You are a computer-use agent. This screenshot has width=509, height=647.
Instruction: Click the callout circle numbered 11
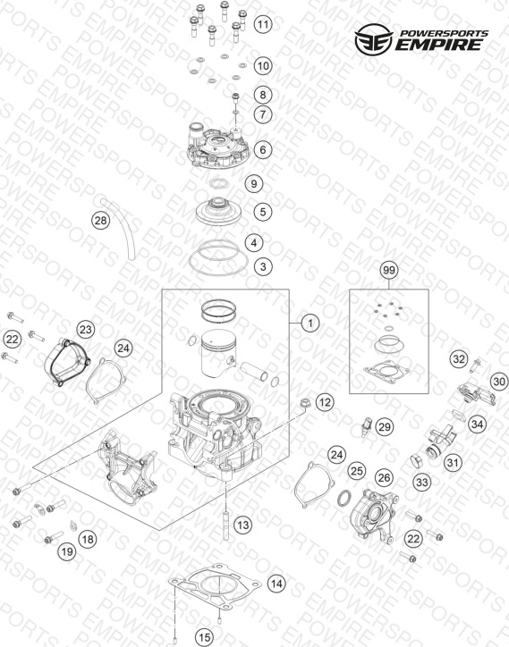[263, 24]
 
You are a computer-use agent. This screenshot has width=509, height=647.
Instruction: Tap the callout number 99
[389, 270]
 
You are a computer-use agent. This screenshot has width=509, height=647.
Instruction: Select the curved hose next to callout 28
[118, 228]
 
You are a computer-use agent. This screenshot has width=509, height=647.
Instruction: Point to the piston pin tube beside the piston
[254, 371]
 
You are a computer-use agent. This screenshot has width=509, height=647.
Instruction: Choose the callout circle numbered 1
[310, 323]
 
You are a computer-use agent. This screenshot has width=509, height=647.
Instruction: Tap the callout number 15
[204, 637]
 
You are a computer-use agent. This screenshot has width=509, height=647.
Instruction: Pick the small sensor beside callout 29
[367, 426]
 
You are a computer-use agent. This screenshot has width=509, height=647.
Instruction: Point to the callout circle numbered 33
[422, 482]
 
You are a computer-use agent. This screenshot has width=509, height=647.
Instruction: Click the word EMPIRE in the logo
[438, 44]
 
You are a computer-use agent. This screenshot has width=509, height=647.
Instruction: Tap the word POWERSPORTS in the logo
[445, 33]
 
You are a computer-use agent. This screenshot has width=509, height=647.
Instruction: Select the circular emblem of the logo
[374, 39]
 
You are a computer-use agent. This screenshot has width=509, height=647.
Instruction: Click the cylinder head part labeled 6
[217, 147]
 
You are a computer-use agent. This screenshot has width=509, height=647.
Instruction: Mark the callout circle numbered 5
[263, 212]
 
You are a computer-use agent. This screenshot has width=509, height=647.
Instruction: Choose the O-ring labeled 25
[344, 499]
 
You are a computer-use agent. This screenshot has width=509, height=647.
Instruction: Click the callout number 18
[88, 539]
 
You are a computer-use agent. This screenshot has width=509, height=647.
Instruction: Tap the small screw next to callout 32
[475, 366]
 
